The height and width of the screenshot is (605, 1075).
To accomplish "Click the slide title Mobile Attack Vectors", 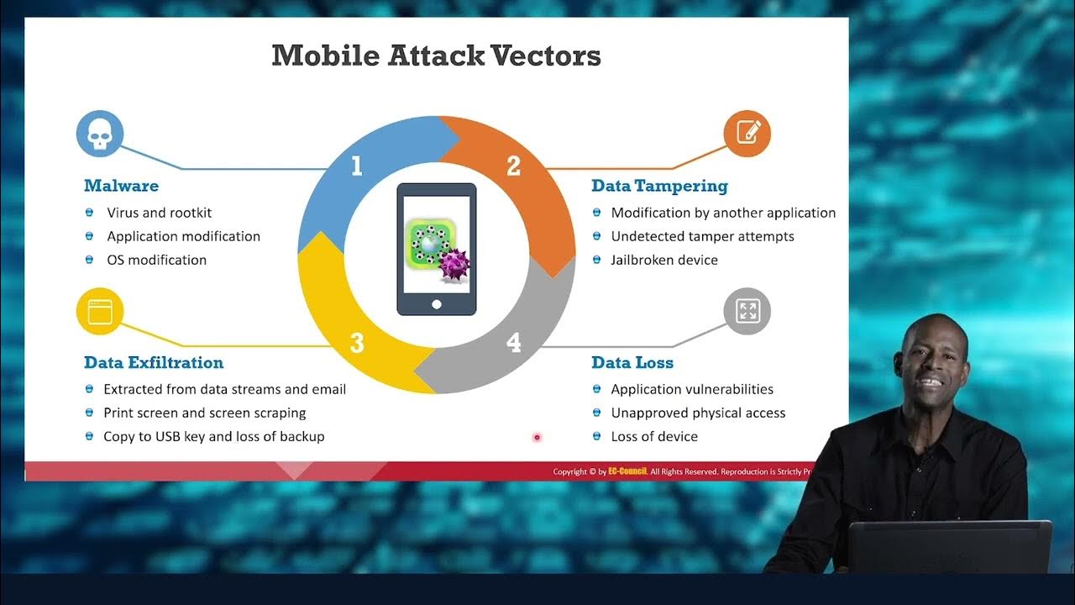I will click(436, 55).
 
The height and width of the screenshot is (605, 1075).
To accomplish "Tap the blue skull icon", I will click(100, 134).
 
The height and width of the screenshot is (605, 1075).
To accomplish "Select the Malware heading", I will click(121, 186).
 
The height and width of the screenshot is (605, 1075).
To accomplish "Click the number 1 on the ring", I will click(356, 166).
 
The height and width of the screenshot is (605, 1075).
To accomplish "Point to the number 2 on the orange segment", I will click(513, 166).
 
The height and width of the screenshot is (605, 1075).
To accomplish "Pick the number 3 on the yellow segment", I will click(357, 343).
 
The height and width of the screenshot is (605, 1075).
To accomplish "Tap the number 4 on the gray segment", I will click(513, 343).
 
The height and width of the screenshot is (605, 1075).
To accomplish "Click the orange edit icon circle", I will click(747, 133).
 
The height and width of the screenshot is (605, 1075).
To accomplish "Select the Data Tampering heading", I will click(659, 186).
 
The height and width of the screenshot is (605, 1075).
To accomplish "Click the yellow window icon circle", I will click(100, 311).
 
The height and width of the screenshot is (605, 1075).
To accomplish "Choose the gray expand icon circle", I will click(747, 311).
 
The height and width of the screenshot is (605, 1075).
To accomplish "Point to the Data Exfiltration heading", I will click(154, 363).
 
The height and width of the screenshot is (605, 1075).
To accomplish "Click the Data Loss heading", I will click(632, 363).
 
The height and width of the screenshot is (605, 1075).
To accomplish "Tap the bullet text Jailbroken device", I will click(664, 260).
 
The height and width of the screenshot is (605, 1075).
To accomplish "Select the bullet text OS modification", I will click(156, 260).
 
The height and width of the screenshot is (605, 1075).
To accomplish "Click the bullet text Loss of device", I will click(654, 436).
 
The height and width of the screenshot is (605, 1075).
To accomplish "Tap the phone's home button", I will click(436, 303).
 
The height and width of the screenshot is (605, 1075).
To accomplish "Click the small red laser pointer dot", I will click(537, 437).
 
